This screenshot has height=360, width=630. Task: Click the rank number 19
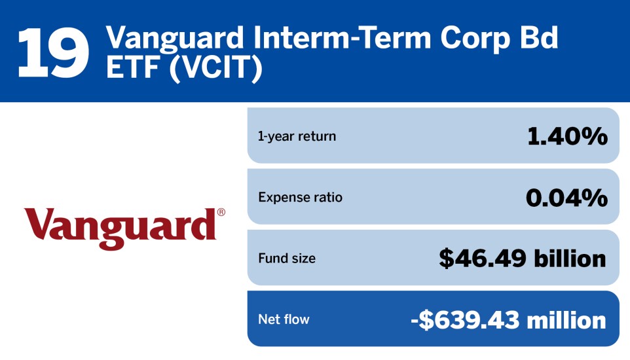coord(53,52)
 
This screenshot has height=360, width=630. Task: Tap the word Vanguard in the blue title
coord(175,37)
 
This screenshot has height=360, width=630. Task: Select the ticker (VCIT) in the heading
coord(215,67)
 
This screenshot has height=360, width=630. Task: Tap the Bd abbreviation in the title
coord(539,37)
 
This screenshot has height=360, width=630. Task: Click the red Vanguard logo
coord(124,228)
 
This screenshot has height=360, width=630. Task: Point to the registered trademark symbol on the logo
coord(221,211)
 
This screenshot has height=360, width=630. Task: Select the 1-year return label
coord(297,136)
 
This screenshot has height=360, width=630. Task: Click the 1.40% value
coord(567,136)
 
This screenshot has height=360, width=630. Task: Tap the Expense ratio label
coord(300,197)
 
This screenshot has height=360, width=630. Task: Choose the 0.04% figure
coord(566,198)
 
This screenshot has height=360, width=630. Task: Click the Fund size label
coord(287,258)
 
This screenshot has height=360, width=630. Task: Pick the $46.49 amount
coord(483,259)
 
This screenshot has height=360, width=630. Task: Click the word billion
coord(570,259)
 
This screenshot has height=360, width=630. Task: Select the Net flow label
coord(284,319)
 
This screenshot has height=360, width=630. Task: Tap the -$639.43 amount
coord(465,320)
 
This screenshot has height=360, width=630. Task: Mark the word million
coord(566,320)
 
